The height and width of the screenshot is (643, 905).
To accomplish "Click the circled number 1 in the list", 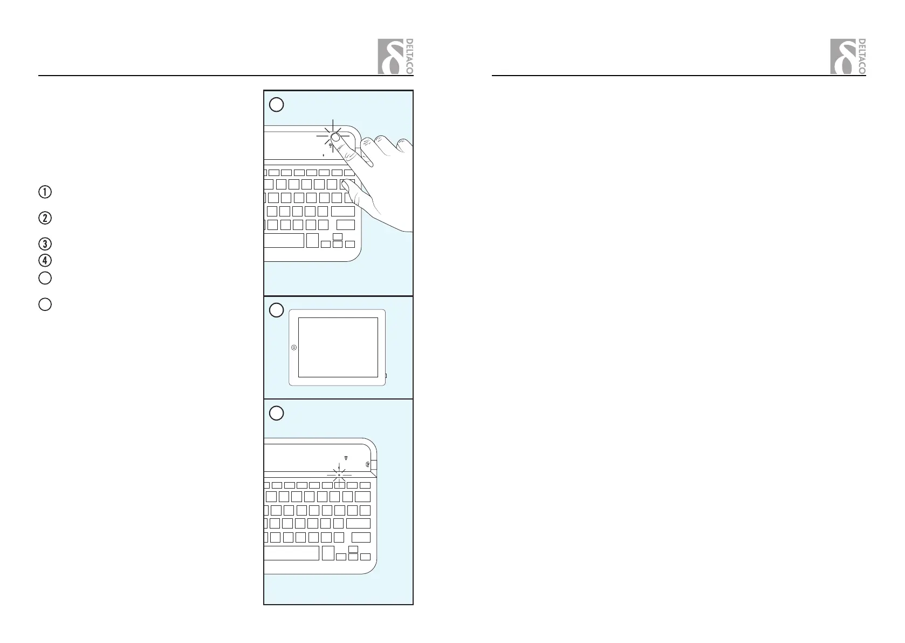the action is coord(45,192).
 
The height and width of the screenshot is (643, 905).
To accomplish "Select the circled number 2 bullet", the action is coord(45,219).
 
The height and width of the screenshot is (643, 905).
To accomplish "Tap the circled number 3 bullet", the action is coord(45,243).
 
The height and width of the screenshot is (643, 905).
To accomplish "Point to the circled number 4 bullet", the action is coord(45,260).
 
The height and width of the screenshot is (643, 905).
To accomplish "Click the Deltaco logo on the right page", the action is coord(848,57).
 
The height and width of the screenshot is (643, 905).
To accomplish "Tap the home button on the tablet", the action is coord(293,348).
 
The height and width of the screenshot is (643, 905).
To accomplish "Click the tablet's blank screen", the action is coord(338,347).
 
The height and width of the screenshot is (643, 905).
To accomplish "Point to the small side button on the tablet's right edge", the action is coord(386,375).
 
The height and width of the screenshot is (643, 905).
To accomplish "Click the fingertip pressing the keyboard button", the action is coord(335,137).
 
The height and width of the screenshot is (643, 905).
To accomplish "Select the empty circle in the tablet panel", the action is coord(276,310).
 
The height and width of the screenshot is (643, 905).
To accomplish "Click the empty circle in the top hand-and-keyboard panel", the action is coord(276,104).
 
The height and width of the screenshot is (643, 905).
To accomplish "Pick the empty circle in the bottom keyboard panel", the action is coord(276,413).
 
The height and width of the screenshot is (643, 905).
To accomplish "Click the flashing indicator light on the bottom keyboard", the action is coord(339,475).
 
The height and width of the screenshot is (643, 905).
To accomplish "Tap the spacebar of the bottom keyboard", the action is coord(292,553).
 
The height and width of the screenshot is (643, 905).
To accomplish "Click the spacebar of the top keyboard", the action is coord(284,240).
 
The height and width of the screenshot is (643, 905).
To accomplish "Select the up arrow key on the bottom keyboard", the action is coord(353,549).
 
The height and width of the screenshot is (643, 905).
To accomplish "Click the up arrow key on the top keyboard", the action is coord(338,236).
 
